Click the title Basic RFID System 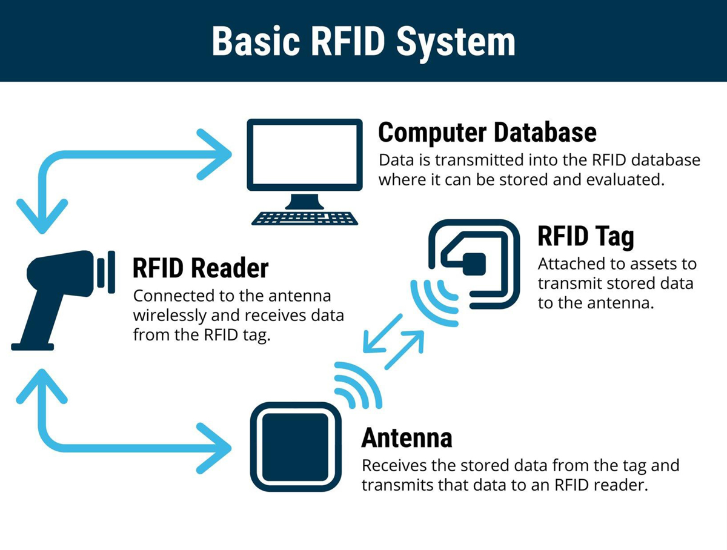click(363, 41)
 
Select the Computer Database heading click(487, 132)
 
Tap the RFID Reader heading click(201, 268)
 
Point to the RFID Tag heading click(585, 237)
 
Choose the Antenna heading click(407, 437)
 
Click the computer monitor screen click(305, 155)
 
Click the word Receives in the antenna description click(391, 466)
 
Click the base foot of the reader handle click(33, 346)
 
